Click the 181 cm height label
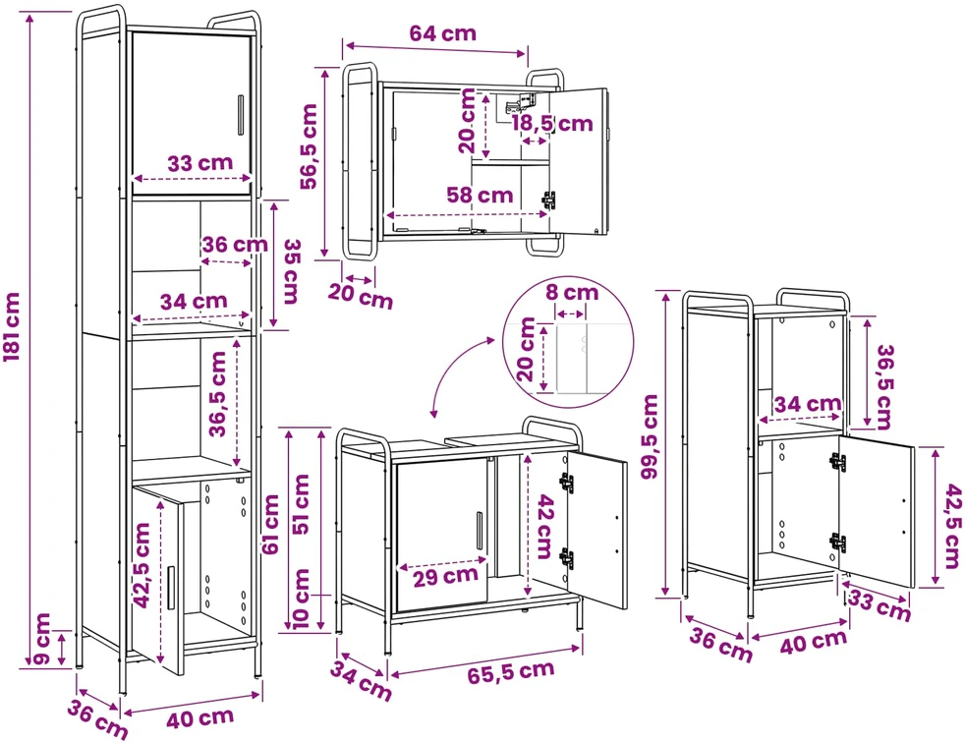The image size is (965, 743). tap(13, 327)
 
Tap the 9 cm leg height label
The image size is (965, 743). tap(42, 639)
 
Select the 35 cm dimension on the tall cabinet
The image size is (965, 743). tap(291, 271)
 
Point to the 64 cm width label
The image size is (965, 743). tap(442, 32)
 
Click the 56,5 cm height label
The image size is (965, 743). tap(309, 145)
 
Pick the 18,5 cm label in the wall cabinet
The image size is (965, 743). tap(552, 123)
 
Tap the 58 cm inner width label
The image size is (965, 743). tap(480, 196)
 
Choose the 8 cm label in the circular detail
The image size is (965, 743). tap(572, 292)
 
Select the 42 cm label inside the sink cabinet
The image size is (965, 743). tap(544, 527)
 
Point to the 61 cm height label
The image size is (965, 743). tap(270, 525)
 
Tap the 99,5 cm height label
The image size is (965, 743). tap(649, 436)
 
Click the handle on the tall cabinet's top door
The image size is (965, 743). tap(240, 115)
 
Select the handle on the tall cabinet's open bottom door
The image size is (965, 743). tap(170, 588)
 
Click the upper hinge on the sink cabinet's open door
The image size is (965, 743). tap(566, 483)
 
